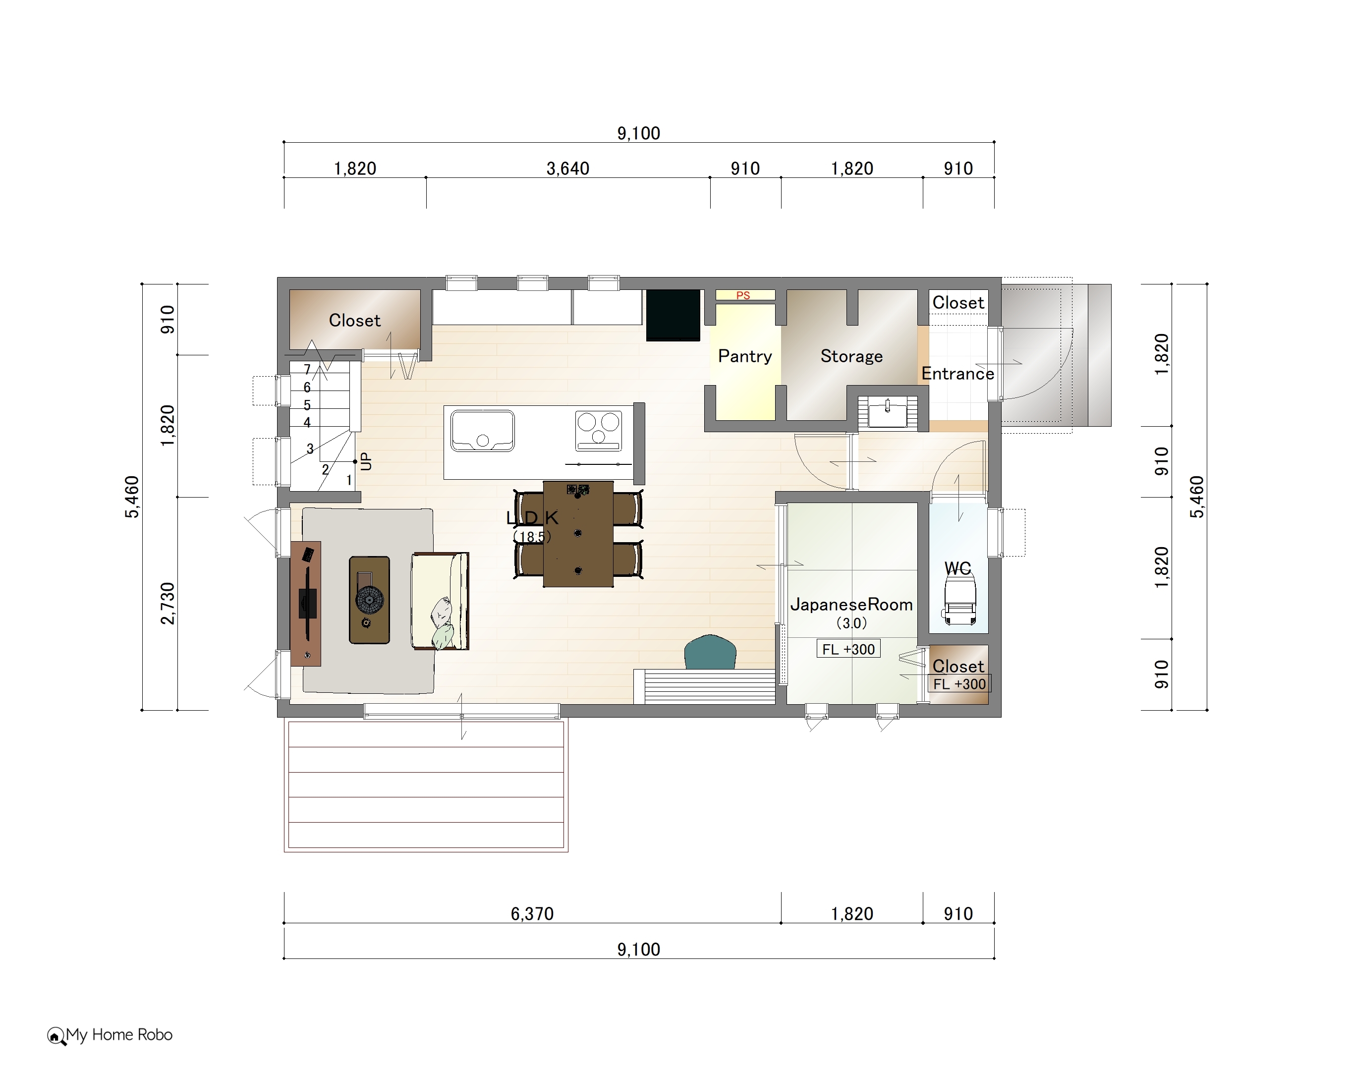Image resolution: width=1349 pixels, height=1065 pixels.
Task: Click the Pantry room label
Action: pyautogui.click(x=744, y=356)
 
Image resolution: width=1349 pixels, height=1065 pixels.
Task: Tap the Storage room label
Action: pyautogui.click(x=851, y=356)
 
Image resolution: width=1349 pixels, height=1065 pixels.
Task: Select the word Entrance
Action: pyautogui.click(x=957, y=374)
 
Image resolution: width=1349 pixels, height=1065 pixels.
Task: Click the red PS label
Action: pyautogui.click(x=743, y=295)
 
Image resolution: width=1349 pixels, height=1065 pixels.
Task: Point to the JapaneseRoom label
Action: pyautogui.click(x=851, y=604)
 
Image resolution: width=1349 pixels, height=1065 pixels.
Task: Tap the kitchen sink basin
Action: pyautogui.click(x=483, y=430)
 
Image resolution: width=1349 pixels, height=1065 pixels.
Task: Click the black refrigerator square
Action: pyautogui.click(x=673, y=315)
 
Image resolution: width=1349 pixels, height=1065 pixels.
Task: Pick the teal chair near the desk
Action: pyautogui.click(x=710, y=652)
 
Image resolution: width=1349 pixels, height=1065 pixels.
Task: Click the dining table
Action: pyautogui.click(x=578, y=534)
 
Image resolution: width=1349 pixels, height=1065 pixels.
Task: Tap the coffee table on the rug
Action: pyautogui.click(x=370, y=600)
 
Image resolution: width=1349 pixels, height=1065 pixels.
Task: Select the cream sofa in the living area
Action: pyautogui.click(x=440, y=601)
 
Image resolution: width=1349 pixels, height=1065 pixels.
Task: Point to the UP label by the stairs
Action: pyautogui.click(x=366, y=461)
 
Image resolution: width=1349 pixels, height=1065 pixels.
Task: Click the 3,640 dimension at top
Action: pyautogui.click(x=568, y=168)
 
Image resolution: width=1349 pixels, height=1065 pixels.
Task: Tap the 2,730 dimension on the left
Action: pyautogui.click(x=168, y=604)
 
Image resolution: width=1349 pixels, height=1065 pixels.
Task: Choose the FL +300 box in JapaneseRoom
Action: pyautogui.click(x=848, y=649)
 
